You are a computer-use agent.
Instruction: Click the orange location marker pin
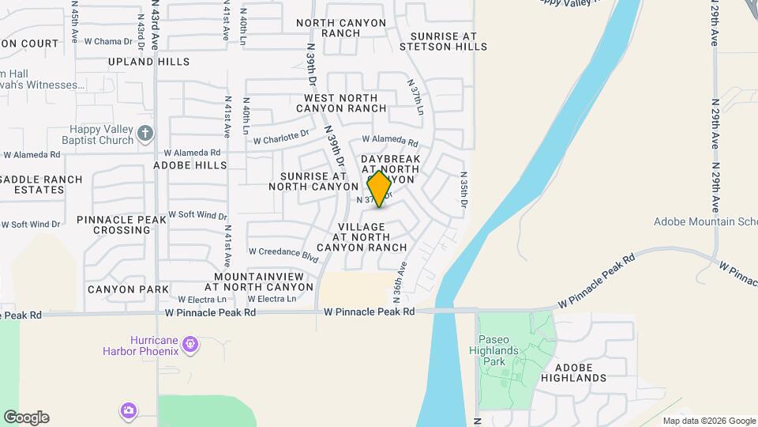(x=380, y=189)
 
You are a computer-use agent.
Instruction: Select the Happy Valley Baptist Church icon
(x=144, y=134)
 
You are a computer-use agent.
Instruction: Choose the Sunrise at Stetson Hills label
(x=443, y=41)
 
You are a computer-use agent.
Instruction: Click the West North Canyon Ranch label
(x=340, y=102)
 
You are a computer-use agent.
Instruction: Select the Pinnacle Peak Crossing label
(x=122, y=225)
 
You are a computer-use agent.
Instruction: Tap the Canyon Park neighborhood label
(x=128, y=289)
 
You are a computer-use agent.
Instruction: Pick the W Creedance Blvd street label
(x=283, y=253)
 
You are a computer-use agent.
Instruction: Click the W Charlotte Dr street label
(x=282, y=137)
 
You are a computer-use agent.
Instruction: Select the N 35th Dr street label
(x=463, y=191)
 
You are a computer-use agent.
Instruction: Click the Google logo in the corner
(x=26, y=418)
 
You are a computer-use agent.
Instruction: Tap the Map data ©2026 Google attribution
(x=709, y=421)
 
